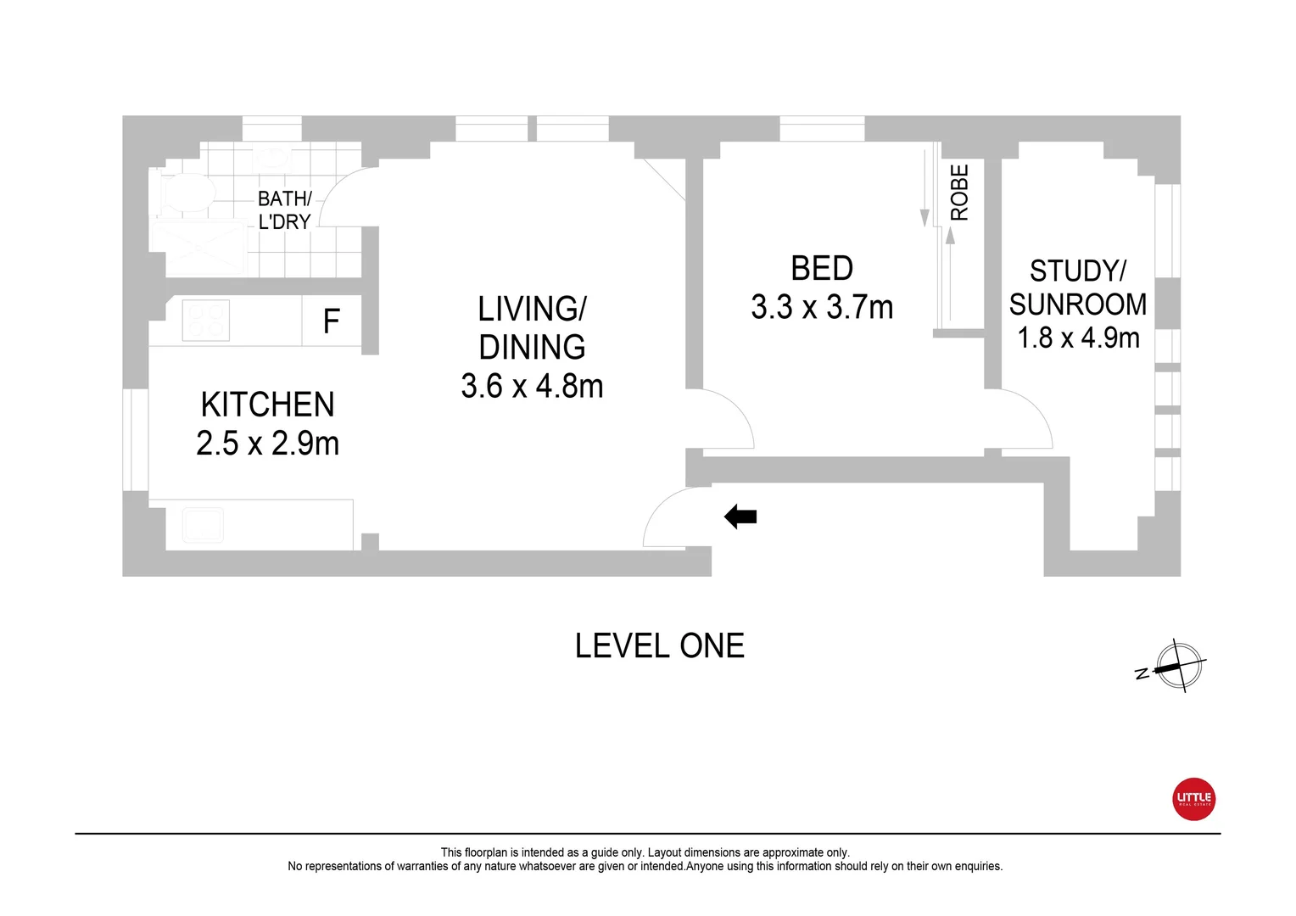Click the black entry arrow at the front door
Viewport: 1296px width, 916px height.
740,517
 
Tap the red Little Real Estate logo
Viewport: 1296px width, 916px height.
1193,799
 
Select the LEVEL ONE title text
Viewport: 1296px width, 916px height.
659,646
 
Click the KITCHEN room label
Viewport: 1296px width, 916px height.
267,405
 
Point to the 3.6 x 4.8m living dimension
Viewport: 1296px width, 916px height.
532,387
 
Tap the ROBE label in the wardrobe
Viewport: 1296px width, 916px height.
959,193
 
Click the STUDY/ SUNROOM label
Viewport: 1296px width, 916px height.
1077,288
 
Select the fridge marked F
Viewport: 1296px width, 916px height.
332,321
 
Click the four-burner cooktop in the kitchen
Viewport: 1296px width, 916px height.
205,321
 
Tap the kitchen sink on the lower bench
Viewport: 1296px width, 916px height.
203,526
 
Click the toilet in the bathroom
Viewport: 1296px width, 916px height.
184,193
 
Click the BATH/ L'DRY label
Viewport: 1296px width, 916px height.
284,209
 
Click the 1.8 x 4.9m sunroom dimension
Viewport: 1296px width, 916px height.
1078,338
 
